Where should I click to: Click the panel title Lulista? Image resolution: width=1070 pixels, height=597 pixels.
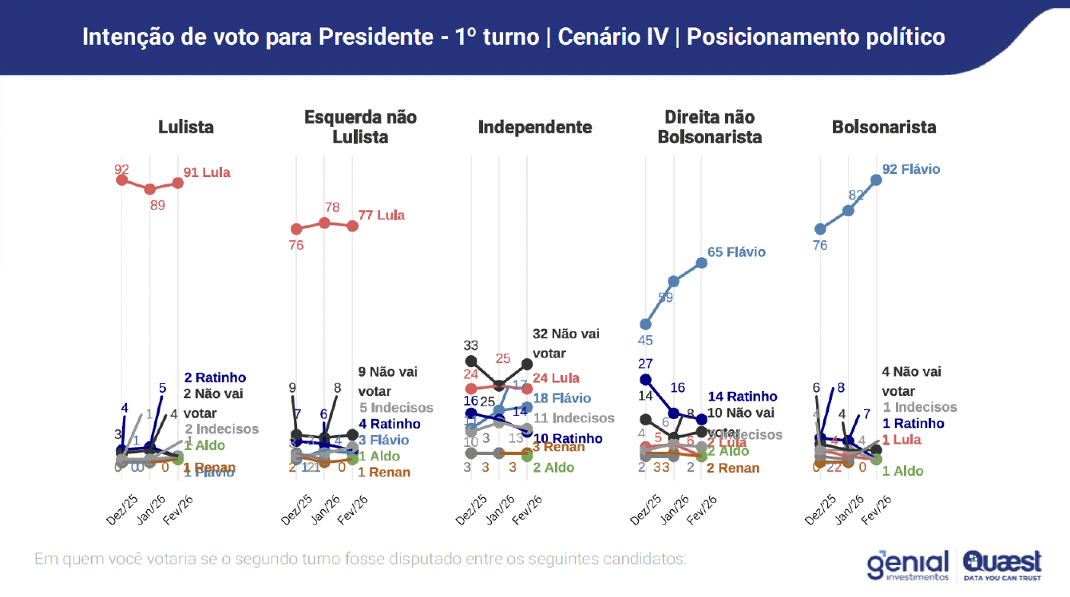(x=185, y=127)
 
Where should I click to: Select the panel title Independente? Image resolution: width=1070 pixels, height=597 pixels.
(x=535, y=127)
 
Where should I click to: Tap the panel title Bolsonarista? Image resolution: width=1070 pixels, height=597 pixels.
(x=884, y=127)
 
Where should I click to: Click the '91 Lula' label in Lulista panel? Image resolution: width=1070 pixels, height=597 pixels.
(x=207, y=172)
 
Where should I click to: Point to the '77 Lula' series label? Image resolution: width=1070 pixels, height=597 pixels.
(x=381, y=215)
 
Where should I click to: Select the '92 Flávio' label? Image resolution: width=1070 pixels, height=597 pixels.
(x=911, y=169)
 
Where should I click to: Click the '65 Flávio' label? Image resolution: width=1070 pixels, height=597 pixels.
(x=736, y=252)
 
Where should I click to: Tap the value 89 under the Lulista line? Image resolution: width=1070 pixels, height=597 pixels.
(x=157, y=205)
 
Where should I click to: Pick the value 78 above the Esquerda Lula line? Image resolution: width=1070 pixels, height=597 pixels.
(x=332, y=208)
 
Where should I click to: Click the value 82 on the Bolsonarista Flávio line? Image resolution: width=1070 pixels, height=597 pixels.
(x=857, y=196)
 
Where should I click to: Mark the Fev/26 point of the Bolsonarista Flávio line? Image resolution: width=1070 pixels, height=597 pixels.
(x=876, y=180)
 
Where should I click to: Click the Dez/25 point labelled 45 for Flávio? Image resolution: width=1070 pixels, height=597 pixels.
(x=646, y=324)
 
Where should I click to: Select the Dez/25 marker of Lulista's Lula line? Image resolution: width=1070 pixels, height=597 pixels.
(x=122, y=180)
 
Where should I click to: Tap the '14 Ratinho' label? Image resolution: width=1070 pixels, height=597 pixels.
(x=742, y=397)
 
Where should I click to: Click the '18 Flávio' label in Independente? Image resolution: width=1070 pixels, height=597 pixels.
(x=562, y=398)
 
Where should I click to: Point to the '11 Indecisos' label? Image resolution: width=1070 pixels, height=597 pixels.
(x=574, y=418)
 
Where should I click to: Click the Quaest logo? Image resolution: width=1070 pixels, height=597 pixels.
(x=1002, y=564)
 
